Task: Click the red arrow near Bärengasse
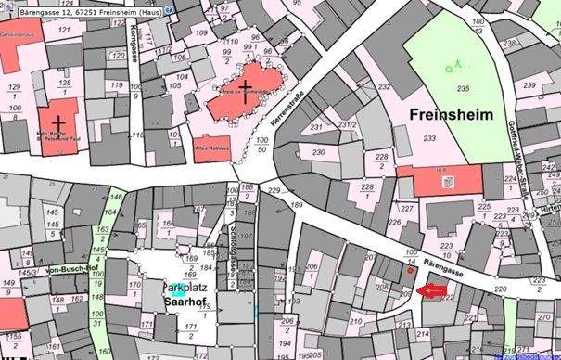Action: pos(432,291)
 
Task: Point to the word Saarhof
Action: pos(184,303)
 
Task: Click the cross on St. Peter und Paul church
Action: pos(58,121)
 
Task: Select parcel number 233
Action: pos(428,137)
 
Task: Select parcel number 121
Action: pos(64,30)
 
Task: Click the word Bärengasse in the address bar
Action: pos(21,8)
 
